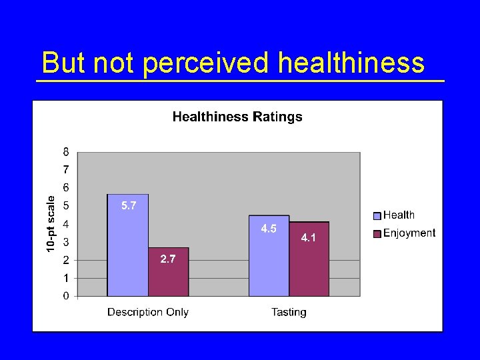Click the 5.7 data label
(129, 206)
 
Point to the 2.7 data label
(168, 259)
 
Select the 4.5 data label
(269, 229)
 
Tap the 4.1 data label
(309, 237)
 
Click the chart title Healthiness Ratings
(237, 117)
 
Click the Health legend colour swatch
(377, 215)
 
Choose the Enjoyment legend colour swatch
(377, 233)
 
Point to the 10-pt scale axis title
(51, 223)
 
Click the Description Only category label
(148, 312)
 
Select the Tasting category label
(289, 312)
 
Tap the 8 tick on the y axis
(66, 152)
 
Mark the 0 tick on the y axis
(66, 296)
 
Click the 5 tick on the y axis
(66, 206)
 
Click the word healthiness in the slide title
(351, 63)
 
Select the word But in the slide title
(64, 63)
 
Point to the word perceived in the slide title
(206, 63)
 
